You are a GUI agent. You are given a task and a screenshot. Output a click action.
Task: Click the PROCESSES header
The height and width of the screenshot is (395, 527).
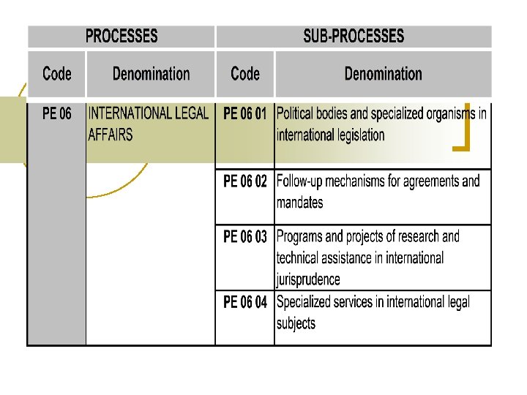coord(122,36)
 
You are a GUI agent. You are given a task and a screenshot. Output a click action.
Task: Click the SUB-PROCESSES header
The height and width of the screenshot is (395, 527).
coord(354,36)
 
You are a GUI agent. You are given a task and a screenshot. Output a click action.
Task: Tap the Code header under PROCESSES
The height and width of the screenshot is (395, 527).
coord(57,73)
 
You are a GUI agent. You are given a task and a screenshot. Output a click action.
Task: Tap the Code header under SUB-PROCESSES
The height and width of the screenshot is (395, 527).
coord(245,73)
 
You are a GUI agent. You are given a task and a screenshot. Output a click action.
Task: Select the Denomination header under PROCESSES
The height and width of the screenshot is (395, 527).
coord(151,73)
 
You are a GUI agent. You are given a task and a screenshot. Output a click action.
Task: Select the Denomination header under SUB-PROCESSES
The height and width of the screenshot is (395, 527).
coord(383,73)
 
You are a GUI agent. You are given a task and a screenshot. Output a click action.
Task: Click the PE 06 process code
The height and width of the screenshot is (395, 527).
coord(57,114)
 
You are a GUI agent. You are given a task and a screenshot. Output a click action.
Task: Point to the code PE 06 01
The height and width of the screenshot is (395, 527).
coord(245,114)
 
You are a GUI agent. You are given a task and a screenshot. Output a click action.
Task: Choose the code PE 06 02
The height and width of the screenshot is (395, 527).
coord(245,181)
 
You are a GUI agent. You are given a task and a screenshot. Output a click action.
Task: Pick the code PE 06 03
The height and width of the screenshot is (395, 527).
coord(245,237)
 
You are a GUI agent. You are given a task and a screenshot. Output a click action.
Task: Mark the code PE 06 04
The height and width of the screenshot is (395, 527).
coord(245,302)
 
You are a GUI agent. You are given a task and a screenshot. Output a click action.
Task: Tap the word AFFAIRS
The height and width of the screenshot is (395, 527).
coord(111,135)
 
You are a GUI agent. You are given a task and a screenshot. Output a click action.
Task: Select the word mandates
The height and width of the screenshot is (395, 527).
coord(299,202)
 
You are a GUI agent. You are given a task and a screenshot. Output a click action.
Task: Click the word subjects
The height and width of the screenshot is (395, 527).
coord(296,323)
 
